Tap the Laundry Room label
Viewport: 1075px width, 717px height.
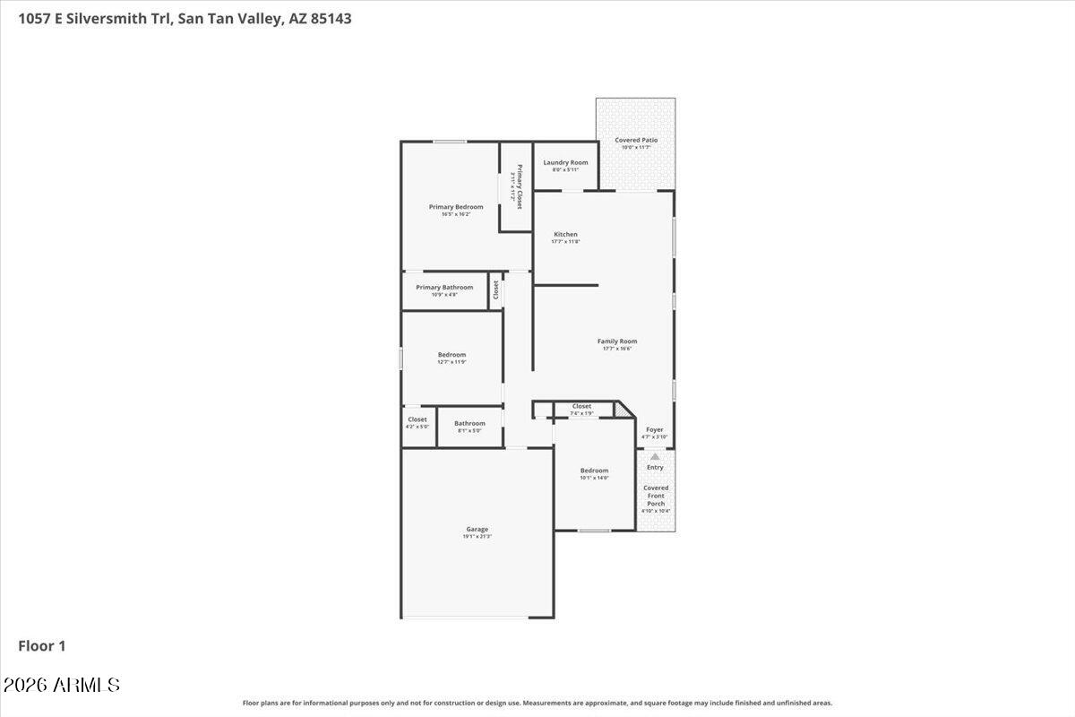tap(565, 162)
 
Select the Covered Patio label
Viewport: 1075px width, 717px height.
tap(636, 140)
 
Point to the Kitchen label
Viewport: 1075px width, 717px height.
tap(565, 234)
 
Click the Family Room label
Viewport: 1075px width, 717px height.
tap(617, 341)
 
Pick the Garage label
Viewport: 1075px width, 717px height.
tap(477, 529)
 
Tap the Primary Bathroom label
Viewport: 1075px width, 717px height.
tap(444, 287)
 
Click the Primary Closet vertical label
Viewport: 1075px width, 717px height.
tap(519, 186)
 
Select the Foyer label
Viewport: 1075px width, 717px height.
tap(655, 429)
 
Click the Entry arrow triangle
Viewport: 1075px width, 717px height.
tap(655, 456)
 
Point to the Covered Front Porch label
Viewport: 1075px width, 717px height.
tap(656, 496)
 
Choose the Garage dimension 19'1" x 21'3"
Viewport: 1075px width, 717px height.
tap(477, 536)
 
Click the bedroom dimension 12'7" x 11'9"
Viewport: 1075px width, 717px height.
tap(451, 362)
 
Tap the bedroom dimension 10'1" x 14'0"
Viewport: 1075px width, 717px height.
tap(594, 478)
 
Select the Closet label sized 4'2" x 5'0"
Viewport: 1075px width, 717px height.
tap(417, 419)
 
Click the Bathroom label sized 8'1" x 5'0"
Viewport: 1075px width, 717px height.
tap(469, 423)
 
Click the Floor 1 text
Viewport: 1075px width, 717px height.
tap(42, 645)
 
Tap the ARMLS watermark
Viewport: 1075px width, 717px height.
tap(62, 686)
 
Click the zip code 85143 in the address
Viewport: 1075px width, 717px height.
tap(330, 17)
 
